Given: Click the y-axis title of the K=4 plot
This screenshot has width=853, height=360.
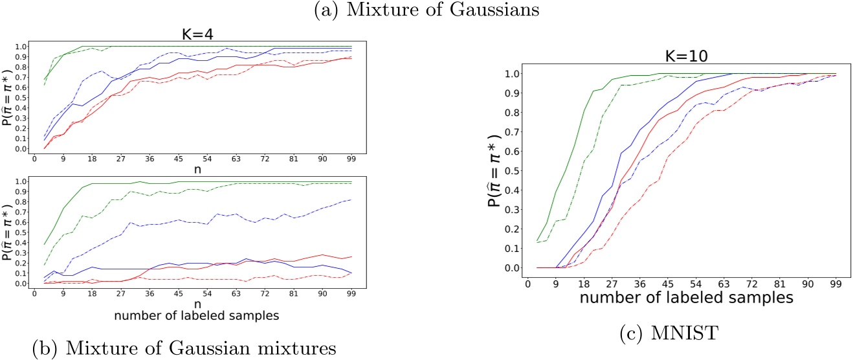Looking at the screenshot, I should pyautogui.click(x=8, y=97).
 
